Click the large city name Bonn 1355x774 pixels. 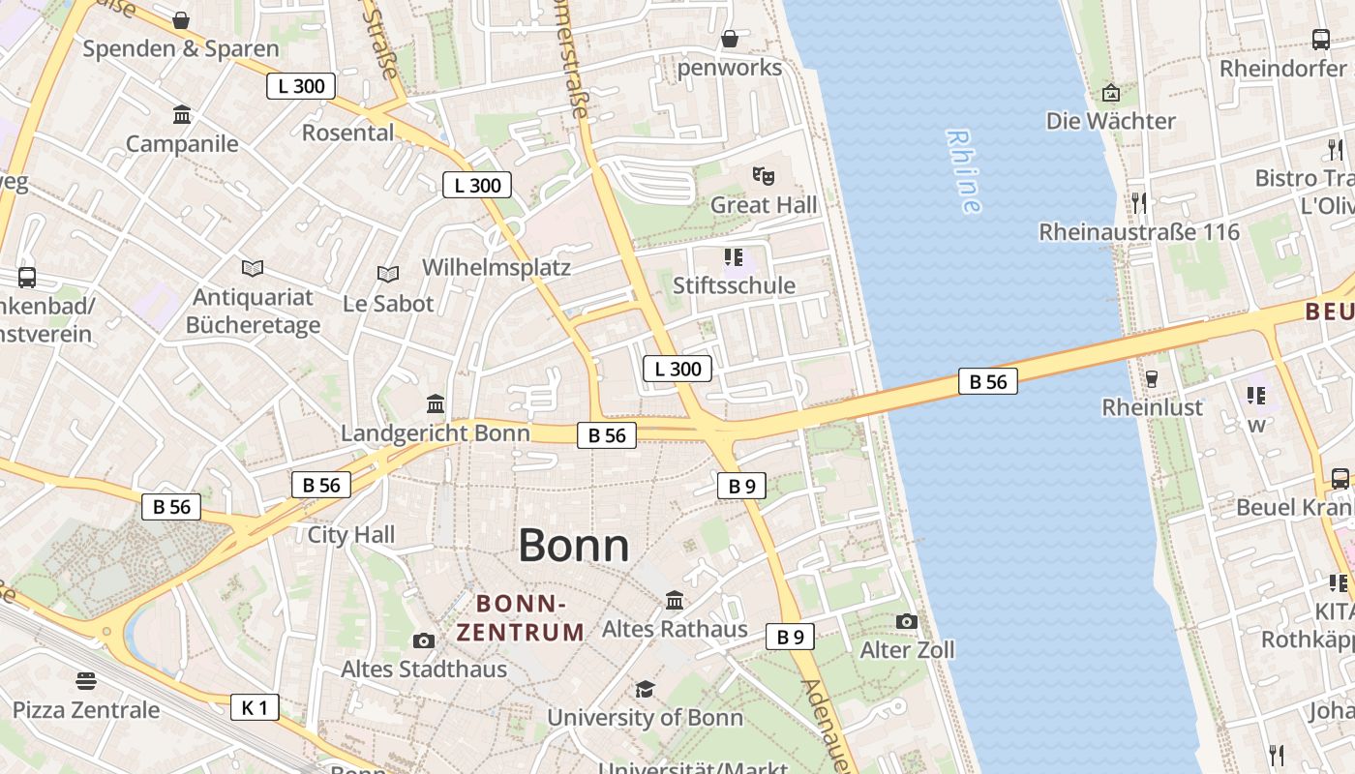click(x=574, y=546)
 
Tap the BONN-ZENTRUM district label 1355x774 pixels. click(x=521, y=618)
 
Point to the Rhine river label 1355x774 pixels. click(x=964, y=171)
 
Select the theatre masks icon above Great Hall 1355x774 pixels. click(x=764, y=176)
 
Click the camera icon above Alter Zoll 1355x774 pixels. click(x=907, y=621)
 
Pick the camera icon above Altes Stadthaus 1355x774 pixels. click(x=424, y=640)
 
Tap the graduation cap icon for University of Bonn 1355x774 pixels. click(x=645, y=689)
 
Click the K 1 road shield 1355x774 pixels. click(x=255, y=707)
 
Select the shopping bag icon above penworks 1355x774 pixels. click(x=730, y=39)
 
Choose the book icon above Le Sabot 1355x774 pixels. click(x=388, y=275)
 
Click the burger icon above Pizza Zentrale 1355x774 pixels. click(x=86, y=681)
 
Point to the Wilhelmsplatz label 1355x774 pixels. click(x=497, y=267)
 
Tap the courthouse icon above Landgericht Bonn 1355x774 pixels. click(x=436, y=403)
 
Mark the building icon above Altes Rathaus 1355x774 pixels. click(x=675, y=601)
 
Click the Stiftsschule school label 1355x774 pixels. click(x=734, y=285)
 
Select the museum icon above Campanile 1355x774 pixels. click(x=182, y=115)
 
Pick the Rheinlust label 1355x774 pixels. click(x=1153, y=407)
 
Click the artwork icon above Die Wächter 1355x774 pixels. click(x=1111, y=93)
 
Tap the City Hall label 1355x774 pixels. click(x=351, y=534)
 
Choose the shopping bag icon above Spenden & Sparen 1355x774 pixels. click(x=181, y=20)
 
